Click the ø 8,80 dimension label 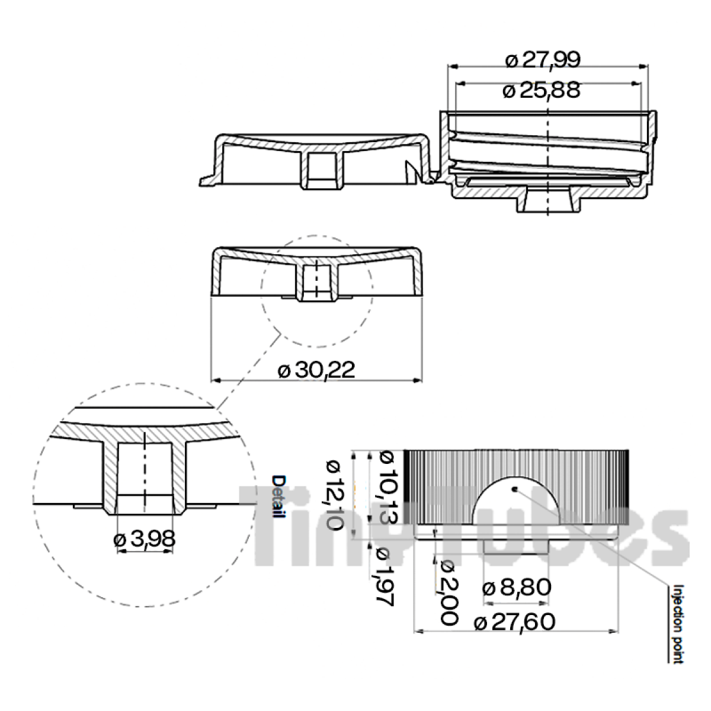click(x=517, y=588)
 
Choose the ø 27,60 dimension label click(x=515, y=622)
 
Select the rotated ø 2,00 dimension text click(x=447, y=592)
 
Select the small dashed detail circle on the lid click(x=316, y=293)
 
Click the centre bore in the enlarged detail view click(x=145, y=471)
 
